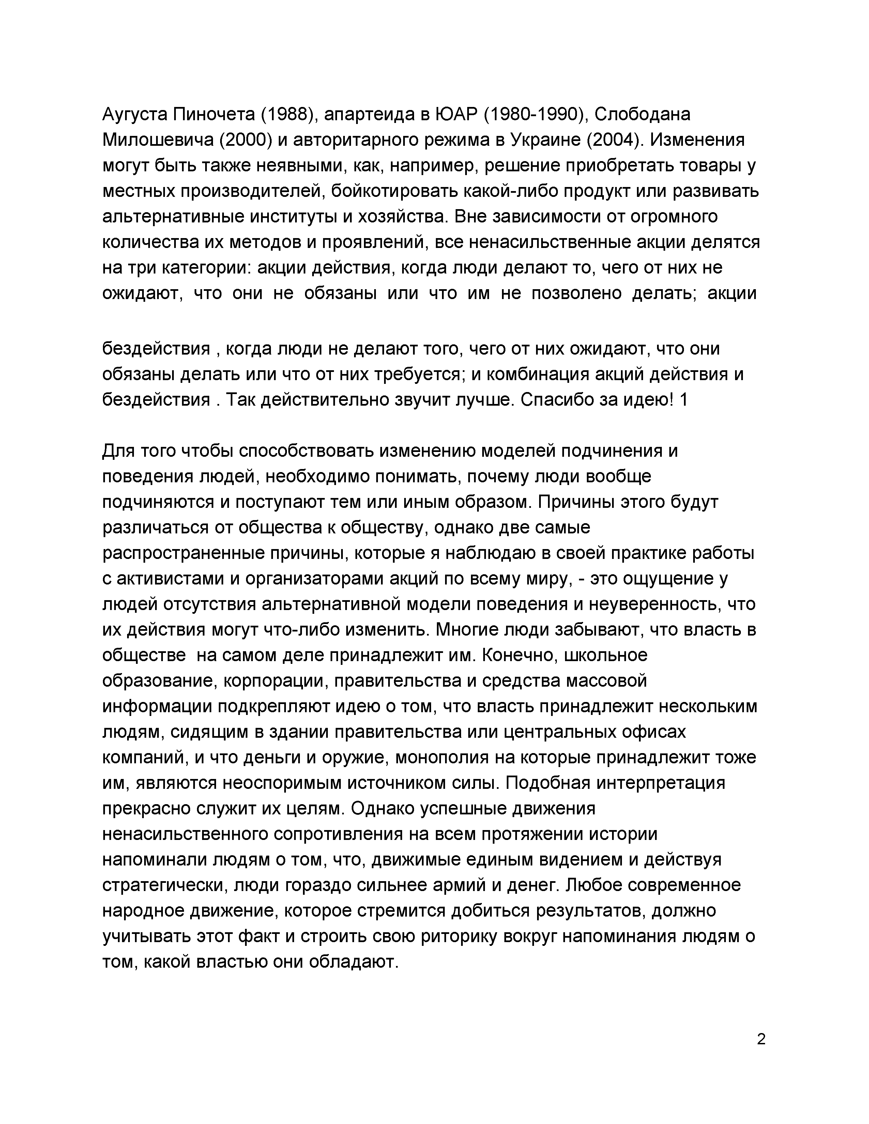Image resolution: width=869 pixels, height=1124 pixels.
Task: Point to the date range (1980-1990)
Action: [535, 114]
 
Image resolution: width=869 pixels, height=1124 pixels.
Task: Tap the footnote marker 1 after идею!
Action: [684, 400]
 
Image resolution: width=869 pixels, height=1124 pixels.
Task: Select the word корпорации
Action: [274, 681]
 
